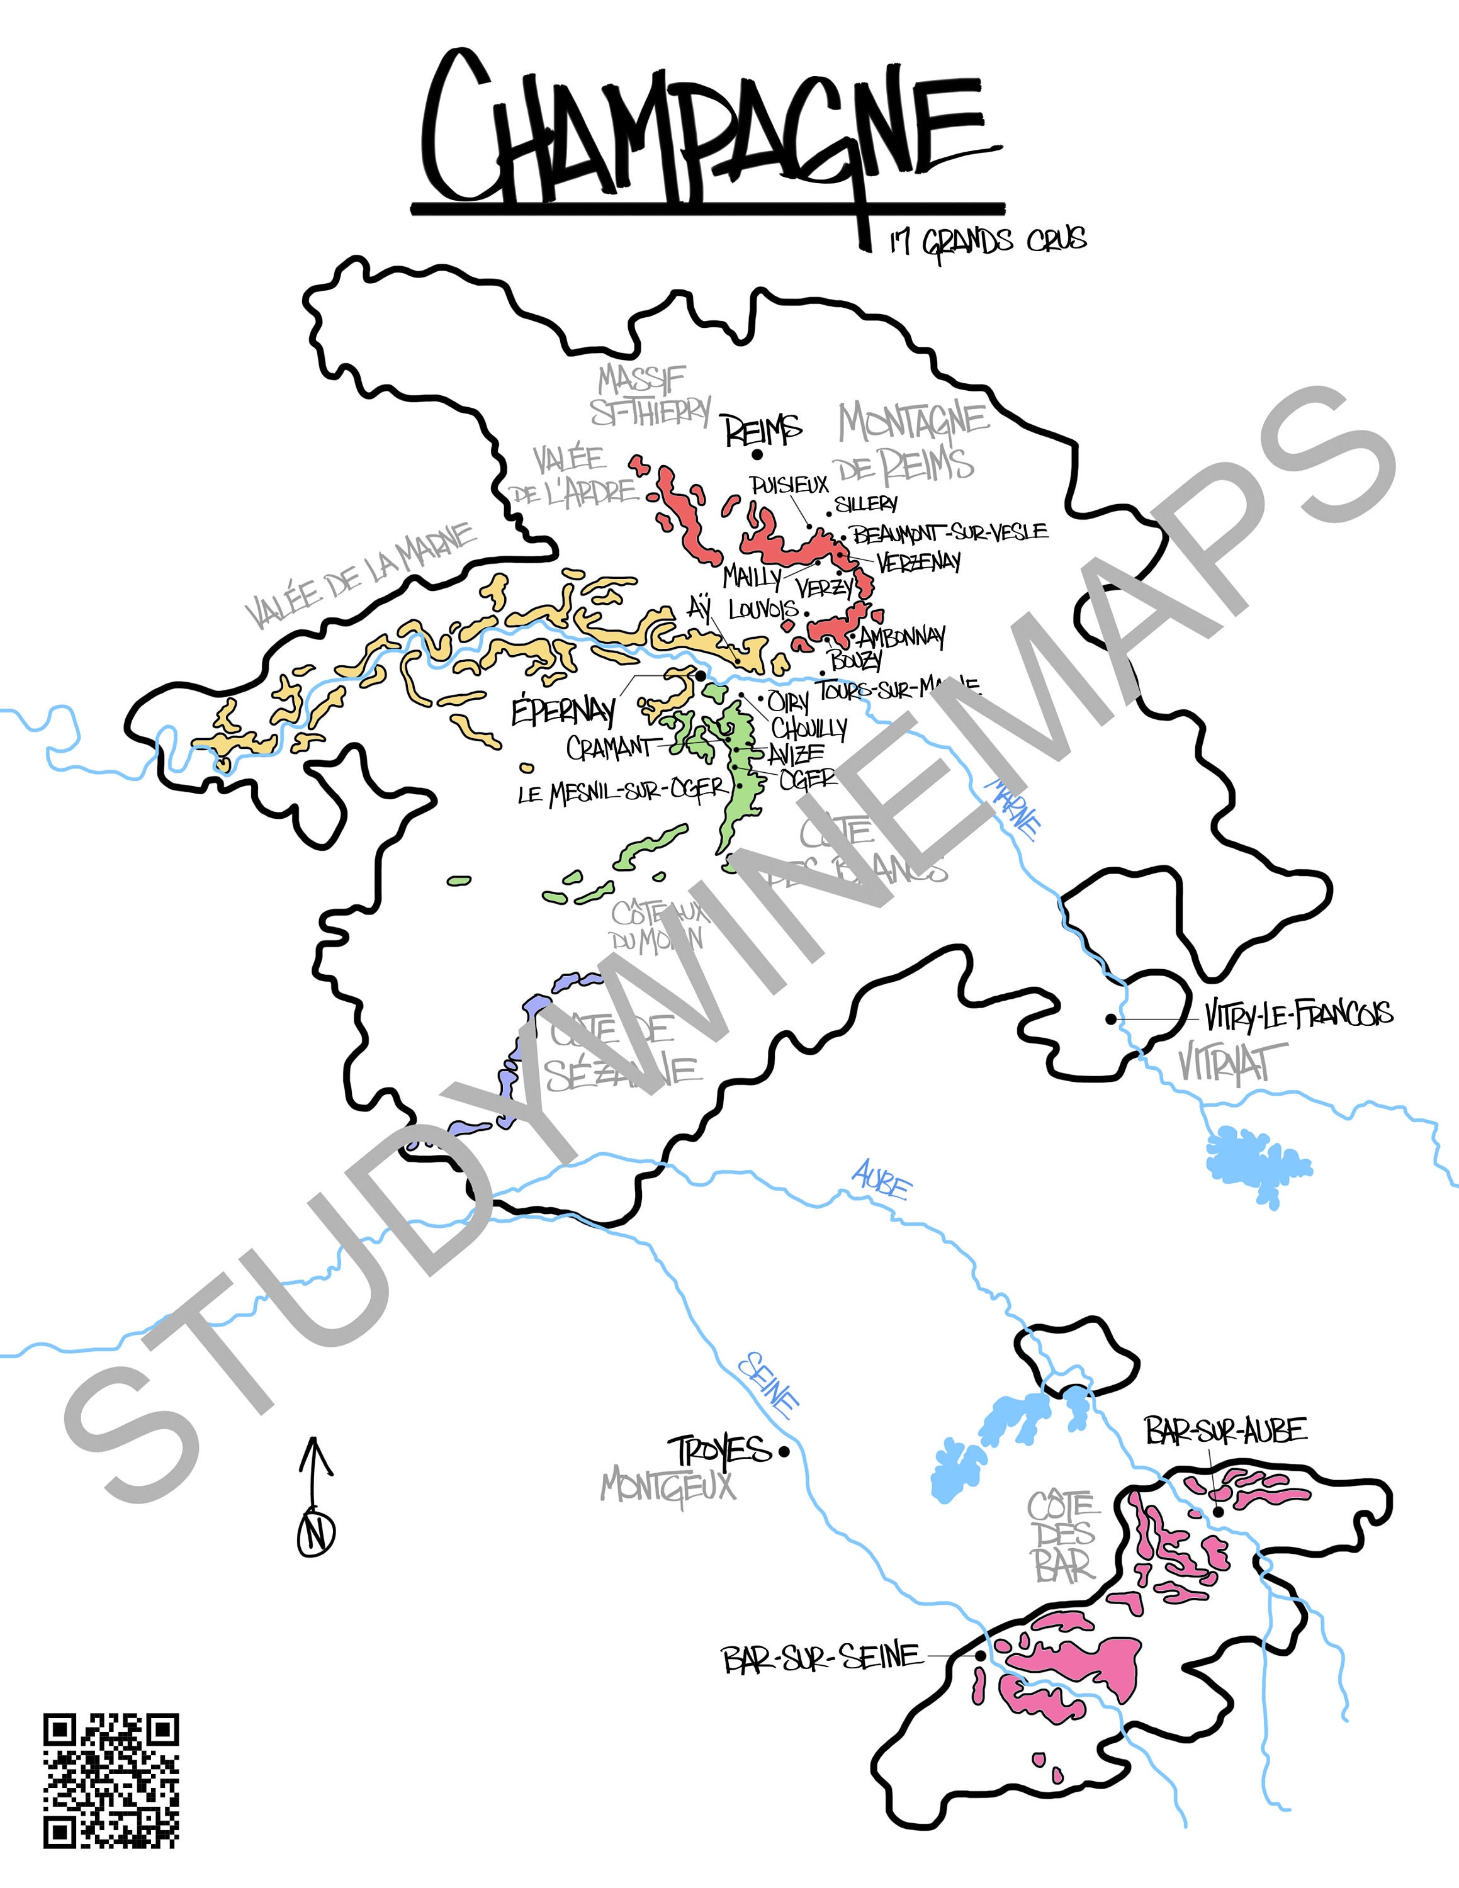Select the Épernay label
click(x=563, y=711)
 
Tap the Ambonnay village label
click(x=901, y=639)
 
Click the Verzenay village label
click(x=918, y=562)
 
